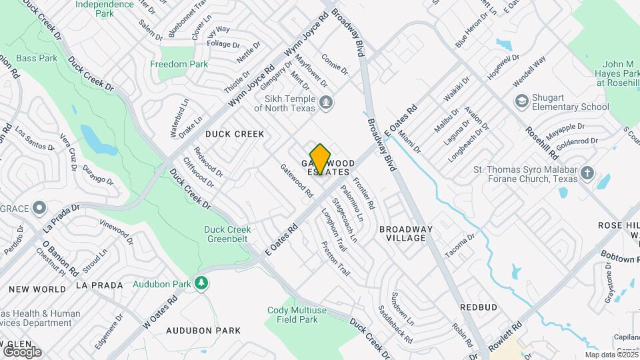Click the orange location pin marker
(x=320, y=159)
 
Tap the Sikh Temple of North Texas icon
(x=327, y=103)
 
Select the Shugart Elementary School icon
(x=522, y=101)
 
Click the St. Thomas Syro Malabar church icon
(x=587, y=174)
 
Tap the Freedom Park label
(x=179, y=65)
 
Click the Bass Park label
(x=37, y=59)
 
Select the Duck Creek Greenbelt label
(x=227, y=234)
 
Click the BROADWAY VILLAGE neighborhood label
(x=406, y=233)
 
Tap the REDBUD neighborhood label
(x=479, y=307)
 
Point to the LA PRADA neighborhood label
(x=99, y=285)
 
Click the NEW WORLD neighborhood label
(x=37, y=289)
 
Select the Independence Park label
(x=104, y=8)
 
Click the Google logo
(x=22, y=351)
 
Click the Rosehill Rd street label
(x=541, y=143)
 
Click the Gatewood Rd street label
(x=297, y=181)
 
